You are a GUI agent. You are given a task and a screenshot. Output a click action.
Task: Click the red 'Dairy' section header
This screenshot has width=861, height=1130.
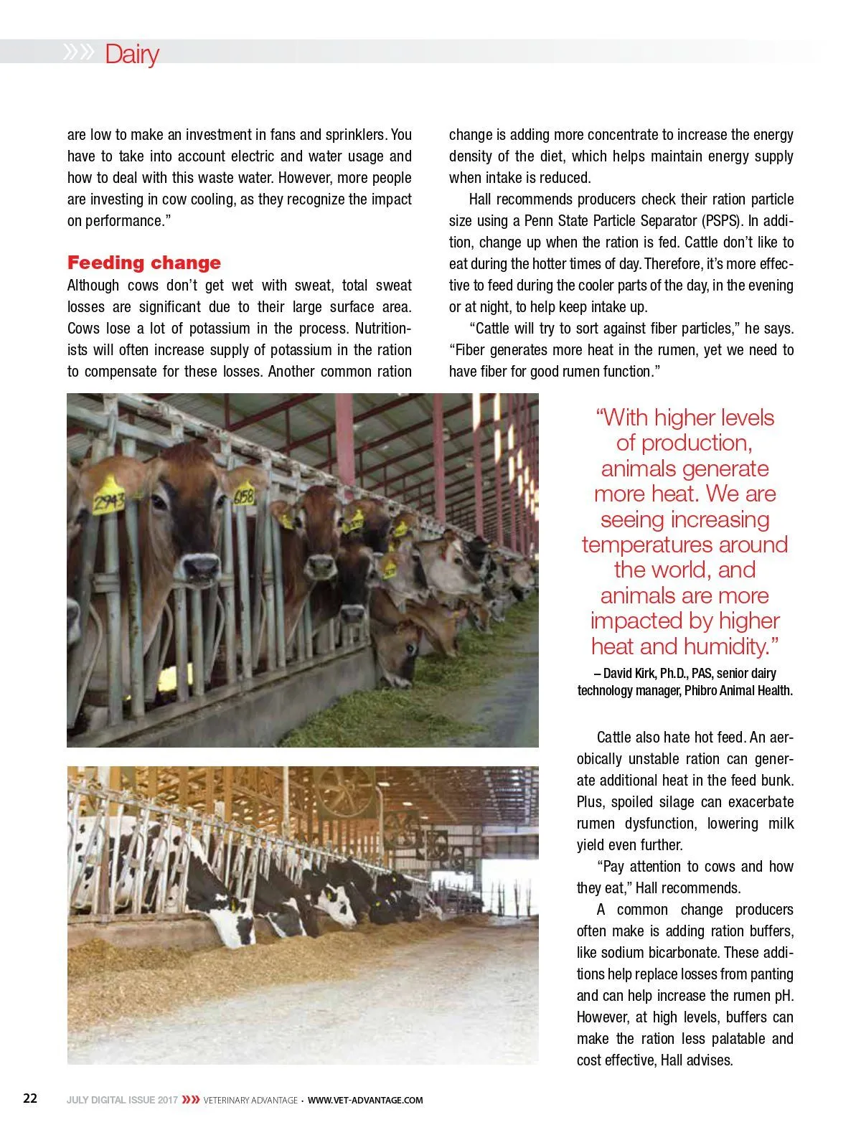click(131, 54)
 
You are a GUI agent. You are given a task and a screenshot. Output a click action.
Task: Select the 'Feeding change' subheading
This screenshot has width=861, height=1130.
click(143, 263)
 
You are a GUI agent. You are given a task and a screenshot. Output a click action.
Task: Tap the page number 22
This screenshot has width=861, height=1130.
click(30, 1098)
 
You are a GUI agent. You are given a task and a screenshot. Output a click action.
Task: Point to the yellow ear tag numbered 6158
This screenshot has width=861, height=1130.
click(244, 495)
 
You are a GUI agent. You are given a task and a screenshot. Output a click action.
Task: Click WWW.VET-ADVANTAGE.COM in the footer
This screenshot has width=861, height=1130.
click(365, 1100)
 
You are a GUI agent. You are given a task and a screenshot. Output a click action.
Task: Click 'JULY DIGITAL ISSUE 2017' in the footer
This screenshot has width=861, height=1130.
click(122, 1100)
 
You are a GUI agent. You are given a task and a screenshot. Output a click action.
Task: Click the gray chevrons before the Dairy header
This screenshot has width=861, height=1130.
click(78, 52)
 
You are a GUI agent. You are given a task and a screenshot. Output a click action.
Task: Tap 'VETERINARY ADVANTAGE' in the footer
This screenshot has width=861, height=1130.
click(250, 1100)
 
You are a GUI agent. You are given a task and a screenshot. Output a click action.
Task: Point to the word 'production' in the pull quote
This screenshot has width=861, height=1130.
click(696, 443)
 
